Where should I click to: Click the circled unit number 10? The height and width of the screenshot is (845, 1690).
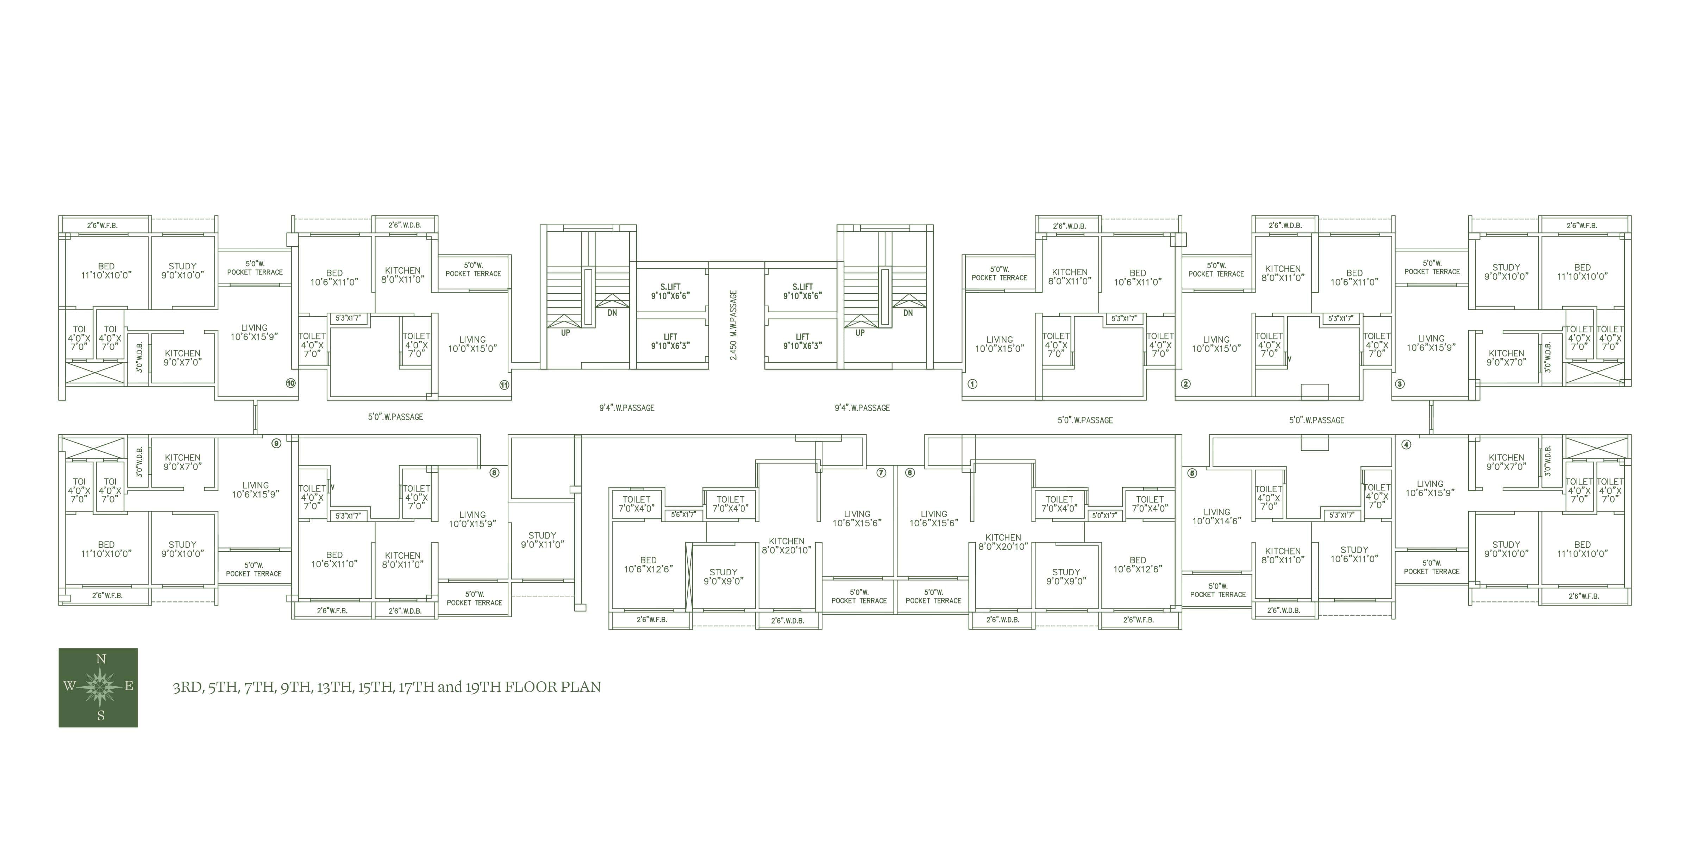(x=290, y=383)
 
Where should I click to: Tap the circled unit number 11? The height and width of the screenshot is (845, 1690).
(x=504, y=385)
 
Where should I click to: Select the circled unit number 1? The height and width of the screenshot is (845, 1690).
(x=972, y=384)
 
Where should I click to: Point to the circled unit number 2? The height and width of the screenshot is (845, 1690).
(x=1185, y=384)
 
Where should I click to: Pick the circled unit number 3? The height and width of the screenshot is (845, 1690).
(x=1400, y=384)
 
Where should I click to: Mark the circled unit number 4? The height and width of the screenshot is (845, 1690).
(x=1406, y=444)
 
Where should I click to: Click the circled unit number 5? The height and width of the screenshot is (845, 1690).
(x=1192, y=473)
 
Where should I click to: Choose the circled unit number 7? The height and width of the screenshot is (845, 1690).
(x=881, y=472)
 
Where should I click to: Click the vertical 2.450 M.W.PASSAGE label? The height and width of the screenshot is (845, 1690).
(x=733, y=325)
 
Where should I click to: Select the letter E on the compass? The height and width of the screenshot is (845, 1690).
(x=129, y=686)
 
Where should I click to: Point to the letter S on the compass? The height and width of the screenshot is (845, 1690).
(x=101, y=716)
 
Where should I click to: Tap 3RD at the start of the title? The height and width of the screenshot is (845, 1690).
(x=187, y=687)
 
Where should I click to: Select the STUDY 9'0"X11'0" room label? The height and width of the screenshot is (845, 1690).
(x=543, y=540)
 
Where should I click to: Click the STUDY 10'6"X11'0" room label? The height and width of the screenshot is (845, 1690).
(x=1355, y=555)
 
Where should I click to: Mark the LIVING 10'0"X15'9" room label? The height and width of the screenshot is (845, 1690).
(x=472, y=519)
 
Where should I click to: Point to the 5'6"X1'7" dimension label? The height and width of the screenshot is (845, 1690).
(x=684, y=515)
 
